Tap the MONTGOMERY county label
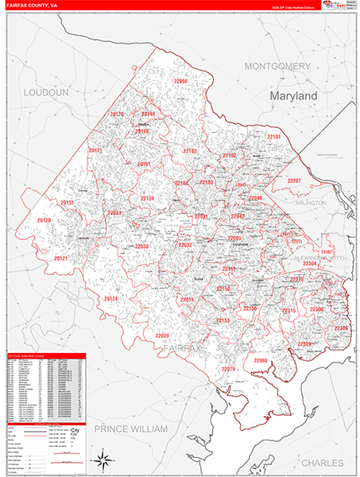[277, 65]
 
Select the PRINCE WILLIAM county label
[131, 429]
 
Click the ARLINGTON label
[310, 203]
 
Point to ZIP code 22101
[273, 138]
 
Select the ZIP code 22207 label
[293, 181]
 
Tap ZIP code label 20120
[44, 220]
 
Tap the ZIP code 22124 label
[148, 198]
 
